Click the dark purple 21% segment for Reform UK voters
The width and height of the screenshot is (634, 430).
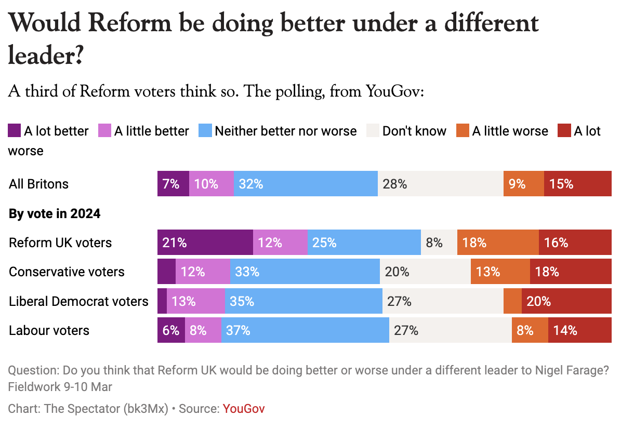coord(205,243)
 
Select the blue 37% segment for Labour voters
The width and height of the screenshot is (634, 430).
coord(305,331)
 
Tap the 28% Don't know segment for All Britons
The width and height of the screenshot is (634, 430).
coord(440,184)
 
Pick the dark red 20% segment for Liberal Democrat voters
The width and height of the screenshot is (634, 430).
coord(566,301)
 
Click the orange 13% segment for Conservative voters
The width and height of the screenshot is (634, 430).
coord(500,272)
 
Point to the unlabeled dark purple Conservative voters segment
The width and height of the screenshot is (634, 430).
coord(166,272)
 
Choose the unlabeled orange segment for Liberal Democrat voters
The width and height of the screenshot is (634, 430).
coord(512,301)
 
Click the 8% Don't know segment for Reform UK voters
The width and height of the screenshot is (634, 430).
coord(439,243)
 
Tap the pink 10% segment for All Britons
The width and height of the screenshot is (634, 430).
coord(211,184)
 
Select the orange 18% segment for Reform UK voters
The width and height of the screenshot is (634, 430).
coord(498,243)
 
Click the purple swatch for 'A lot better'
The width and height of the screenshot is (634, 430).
coord(15,131)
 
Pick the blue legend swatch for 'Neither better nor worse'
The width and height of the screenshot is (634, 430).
coord(205,131)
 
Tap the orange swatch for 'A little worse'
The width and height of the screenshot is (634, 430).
coord(463,131)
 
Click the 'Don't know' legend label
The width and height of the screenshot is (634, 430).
coord(414,131)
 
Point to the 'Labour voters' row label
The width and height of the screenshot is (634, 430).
coord(49,331)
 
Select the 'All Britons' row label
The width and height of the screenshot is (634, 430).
coord(39,184)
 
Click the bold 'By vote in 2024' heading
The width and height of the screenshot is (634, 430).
coord(55,213)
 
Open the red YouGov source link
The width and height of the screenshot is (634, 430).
coord(244,409)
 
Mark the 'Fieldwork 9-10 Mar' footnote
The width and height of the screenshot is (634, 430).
coord(60,387)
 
